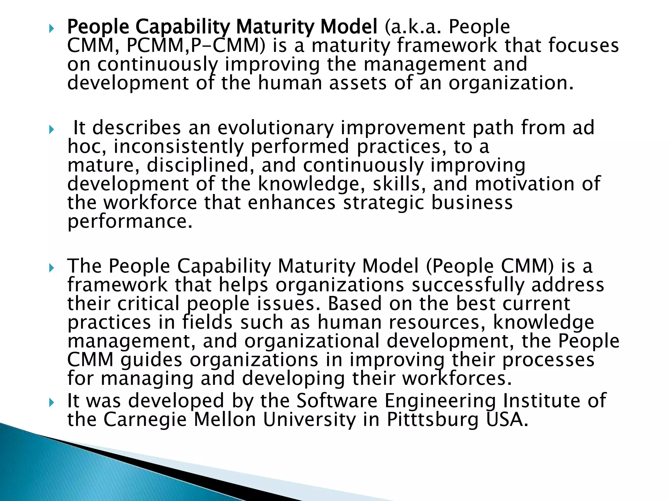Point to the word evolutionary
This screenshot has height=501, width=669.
click(x=276, y=128)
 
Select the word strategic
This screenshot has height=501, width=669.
click(x=383, y=203)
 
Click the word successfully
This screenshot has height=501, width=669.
click(x=467, y=285)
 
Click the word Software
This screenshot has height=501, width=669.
click(x=336, y=401)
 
